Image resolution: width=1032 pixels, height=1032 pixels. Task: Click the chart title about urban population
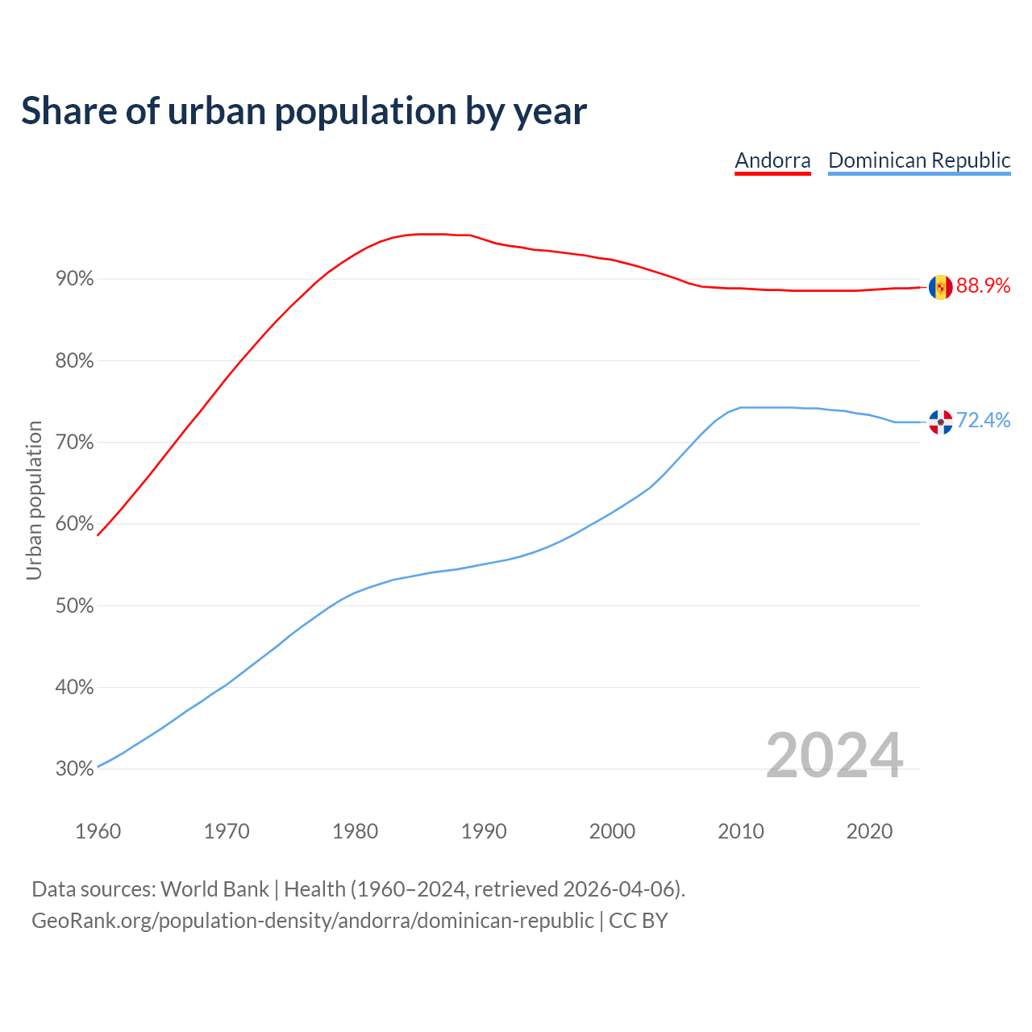click(x=304, y=111)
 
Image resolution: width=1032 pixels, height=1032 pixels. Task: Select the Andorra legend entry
click(x=772, y=160)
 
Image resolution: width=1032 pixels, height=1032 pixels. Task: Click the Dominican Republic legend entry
click(x=919, y=160)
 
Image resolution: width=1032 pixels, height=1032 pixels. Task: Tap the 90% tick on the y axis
click(x=75, y=279)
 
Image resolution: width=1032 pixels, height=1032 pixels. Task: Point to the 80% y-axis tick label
click(x=75, y=361)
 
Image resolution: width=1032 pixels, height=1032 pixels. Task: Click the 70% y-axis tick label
click(x=75, y=443)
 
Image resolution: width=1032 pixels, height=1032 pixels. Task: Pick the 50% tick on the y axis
click(x=75, y=605)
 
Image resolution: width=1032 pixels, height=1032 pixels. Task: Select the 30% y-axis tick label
click(x=75, y=768)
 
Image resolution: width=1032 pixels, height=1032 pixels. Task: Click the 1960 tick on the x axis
click(x=98, y=831)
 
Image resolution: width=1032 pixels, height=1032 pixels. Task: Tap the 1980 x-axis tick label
click(x=355, y=831)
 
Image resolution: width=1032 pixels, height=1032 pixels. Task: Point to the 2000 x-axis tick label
click(x=612, y=831)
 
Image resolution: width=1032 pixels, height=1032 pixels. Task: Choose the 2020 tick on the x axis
click(x=869, y=831)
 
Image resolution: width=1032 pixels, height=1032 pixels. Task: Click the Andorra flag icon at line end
click(x=940, y=287)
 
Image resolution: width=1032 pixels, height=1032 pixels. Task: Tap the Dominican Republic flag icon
click(x=940, y=422)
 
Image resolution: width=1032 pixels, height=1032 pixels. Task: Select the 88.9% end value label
click(x=984, y=286)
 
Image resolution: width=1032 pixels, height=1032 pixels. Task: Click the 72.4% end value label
click(x=984, y=420)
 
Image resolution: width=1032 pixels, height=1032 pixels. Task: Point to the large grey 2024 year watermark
click(x=834, y=755)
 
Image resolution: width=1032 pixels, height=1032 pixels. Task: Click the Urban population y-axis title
click(x=34, y=500)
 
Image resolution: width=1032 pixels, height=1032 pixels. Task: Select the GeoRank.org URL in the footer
click(x=312, y=920)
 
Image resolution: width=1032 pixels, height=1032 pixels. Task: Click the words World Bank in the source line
click(x=214, y=889)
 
